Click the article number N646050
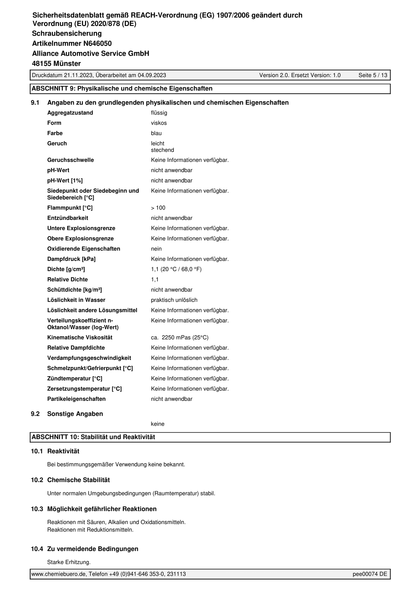click(x=97, y=44)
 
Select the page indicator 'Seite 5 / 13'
click(x=373, y=75)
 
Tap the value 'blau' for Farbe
click(x=156, y=133)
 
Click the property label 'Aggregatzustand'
click(x=70, y=113)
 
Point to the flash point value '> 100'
click(x=158, y=208)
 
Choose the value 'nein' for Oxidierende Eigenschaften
click(x=156, y=249)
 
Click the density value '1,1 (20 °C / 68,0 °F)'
click(x=176, y=269)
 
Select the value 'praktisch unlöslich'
click(x=174, y=300)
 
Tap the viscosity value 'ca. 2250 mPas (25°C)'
click(x=180, y=338)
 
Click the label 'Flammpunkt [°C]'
click(x=70, y=208)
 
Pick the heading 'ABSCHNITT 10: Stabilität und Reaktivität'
click(x=93, y=437)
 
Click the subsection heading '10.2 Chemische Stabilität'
click(x=70, y=480)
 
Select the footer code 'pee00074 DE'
click(x=370, y=574)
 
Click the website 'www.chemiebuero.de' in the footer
click(x=58, y=574)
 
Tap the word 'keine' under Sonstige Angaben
click(x=158, y=424)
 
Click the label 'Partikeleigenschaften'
click(x=76, y=399)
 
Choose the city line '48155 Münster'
click(x=56, y=63)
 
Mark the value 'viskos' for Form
click(x=159, y=123)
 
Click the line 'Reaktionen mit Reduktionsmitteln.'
click(x=90, y=530)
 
